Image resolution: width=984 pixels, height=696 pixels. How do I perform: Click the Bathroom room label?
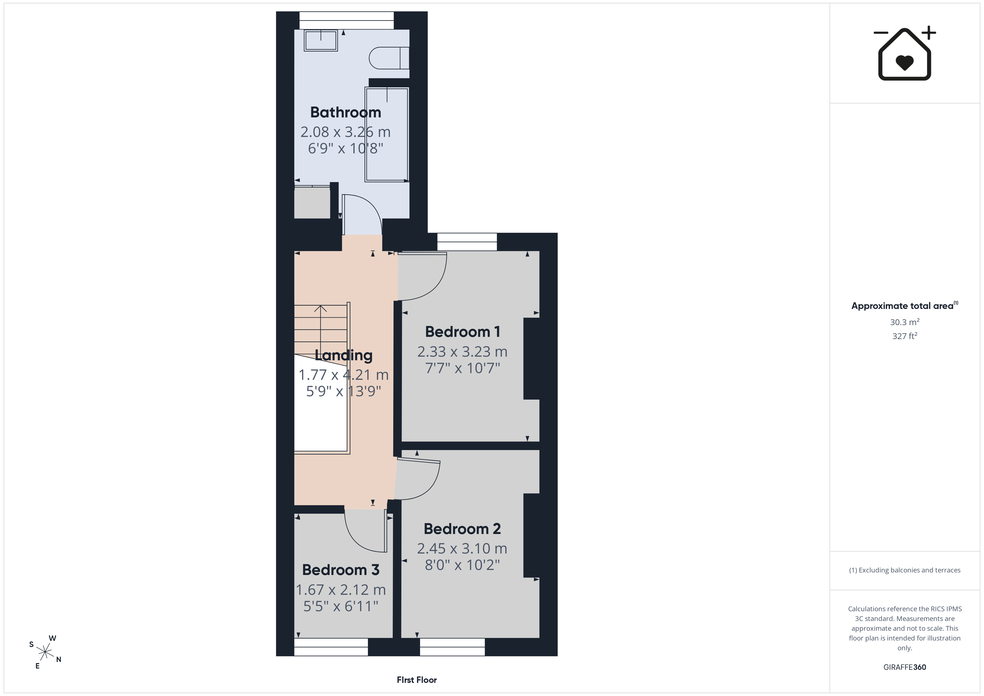pyautogui.click(x=345, y=112)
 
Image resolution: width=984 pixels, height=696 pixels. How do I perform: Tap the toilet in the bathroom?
pyautogui.click(x=389, y=58)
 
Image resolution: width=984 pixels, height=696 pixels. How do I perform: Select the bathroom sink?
pyautogui.click(x=320, y=40)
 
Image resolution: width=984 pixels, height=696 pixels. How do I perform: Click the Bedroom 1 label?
pyautogui.click(x=462, y=332)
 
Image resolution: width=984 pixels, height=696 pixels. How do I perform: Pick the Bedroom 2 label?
pyautogui.click(x=462, y=529)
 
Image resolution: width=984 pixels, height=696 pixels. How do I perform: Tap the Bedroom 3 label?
pyautogui.click(x=341, y=570)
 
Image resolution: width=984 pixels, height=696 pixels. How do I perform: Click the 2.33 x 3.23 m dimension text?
pyautogui.click(x=462, y=352)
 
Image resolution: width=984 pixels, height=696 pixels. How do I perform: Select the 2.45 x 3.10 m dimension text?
pyautogui.click(x=462, y=548)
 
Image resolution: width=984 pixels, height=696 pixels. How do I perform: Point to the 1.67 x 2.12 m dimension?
pyautogui.click(x=341, y=590)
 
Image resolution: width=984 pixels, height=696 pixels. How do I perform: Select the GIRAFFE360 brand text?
pyautogui.click(x=905, y=667)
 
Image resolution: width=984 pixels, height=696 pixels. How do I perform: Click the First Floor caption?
pyautogui.click(x=417, y=680)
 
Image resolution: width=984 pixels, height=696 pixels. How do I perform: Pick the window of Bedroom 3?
pyautogui.click(x=331, y=647)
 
